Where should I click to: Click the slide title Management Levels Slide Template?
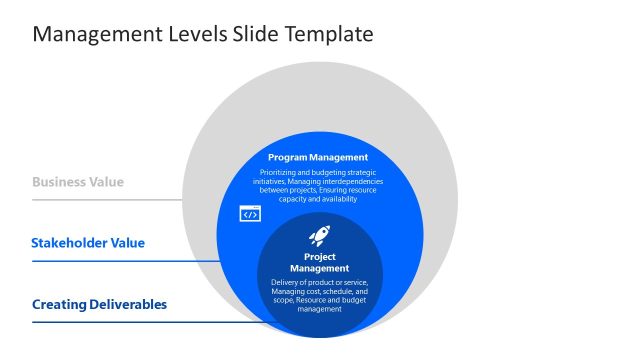(x=203, y=35)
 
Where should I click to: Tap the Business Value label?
(x=78, y=182)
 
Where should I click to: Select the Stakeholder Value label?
(x=88, y=243)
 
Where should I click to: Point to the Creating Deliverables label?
(x=99, y=304)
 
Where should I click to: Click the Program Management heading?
(x=318, y=157)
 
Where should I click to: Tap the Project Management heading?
(x=319, y=262)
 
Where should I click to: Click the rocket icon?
(x=320, y=237)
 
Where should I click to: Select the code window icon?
(x=250, y=213)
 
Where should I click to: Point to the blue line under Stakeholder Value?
(x=125, y=261)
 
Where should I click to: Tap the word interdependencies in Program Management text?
(x=350, y=181)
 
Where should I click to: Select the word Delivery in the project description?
(x=285, y=283)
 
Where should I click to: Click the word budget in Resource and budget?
(x=351, y=301)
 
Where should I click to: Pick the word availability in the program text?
(x=337, y=198)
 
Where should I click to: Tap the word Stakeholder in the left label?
(x=71, y=243)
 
